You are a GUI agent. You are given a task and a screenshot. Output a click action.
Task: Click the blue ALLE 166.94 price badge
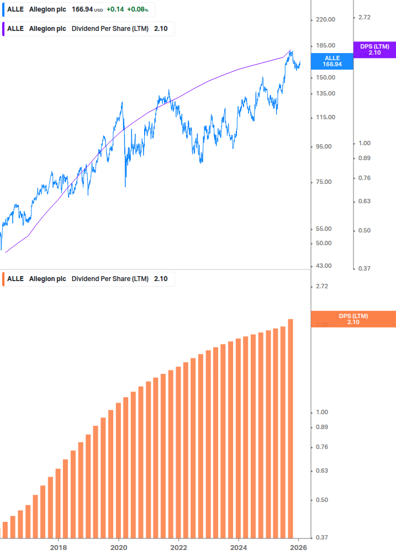pyautogui.click(x=332, y=61)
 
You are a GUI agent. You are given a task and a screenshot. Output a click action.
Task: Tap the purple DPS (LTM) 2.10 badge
pyautogui.click(x=374, y=50)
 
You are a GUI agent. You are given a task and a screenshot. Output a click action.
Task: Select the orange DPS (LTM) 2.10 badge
pyautogui.click(x=353, y=319)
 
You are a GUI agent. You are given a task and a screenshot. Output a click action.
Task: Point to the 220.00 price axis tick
pyautogui.click(x=325, y=19)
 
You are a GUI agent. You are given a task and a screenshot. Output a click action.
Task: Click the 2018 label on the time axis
pyautogui.click(x=59, y=547)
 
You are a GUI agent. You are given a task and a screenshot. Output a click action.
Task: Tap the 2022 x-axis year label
pyautogui.click(x=178, y=547)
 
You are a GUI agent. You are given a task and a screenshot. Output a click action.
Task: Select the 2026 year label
pyautogui.click(x=298, y=547)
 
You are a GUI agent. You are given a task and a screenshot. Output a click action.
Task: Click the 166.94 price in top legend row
pyautogui.click(x=82, y=9)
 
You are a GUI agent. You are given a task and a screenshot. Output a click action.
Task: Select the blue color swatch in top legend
pyautogui.click(x=3, y=9)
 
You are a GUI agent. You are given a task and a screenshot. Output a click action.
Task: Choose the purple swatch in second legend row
pyautogui.click(x=3, y=29)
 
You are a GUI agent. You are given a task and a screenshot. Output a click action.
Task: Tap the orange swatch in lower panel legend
pyautogui.click(x=3, y=278)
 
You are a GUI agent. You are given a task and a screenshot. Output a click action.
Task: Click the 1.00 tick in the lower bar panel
pyautogui.click(x=321, y=412)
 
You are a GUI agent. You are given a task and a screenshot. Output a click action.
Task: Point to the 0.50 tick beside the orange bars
pyautogui.click(x=321, y=500)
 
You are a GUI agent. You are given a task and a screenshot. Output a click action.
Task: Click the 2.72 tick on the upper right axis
pyautogui.click(x=365, y=17)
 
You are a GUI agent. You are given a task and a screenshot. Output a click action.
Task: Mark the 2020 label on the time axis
pyautogui.click(x=119, y=547)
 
